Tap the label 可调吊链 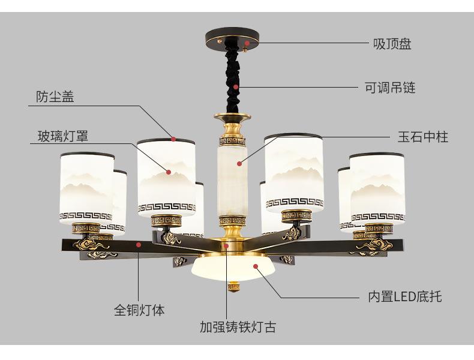(390, 88)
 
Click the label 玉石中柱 (422, 137)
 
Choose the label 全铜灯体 (139, 310)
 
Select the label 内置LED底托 (405, 296)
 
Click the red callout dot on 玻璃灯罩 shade (169, 172)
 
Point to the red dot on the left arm (139, 244)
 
